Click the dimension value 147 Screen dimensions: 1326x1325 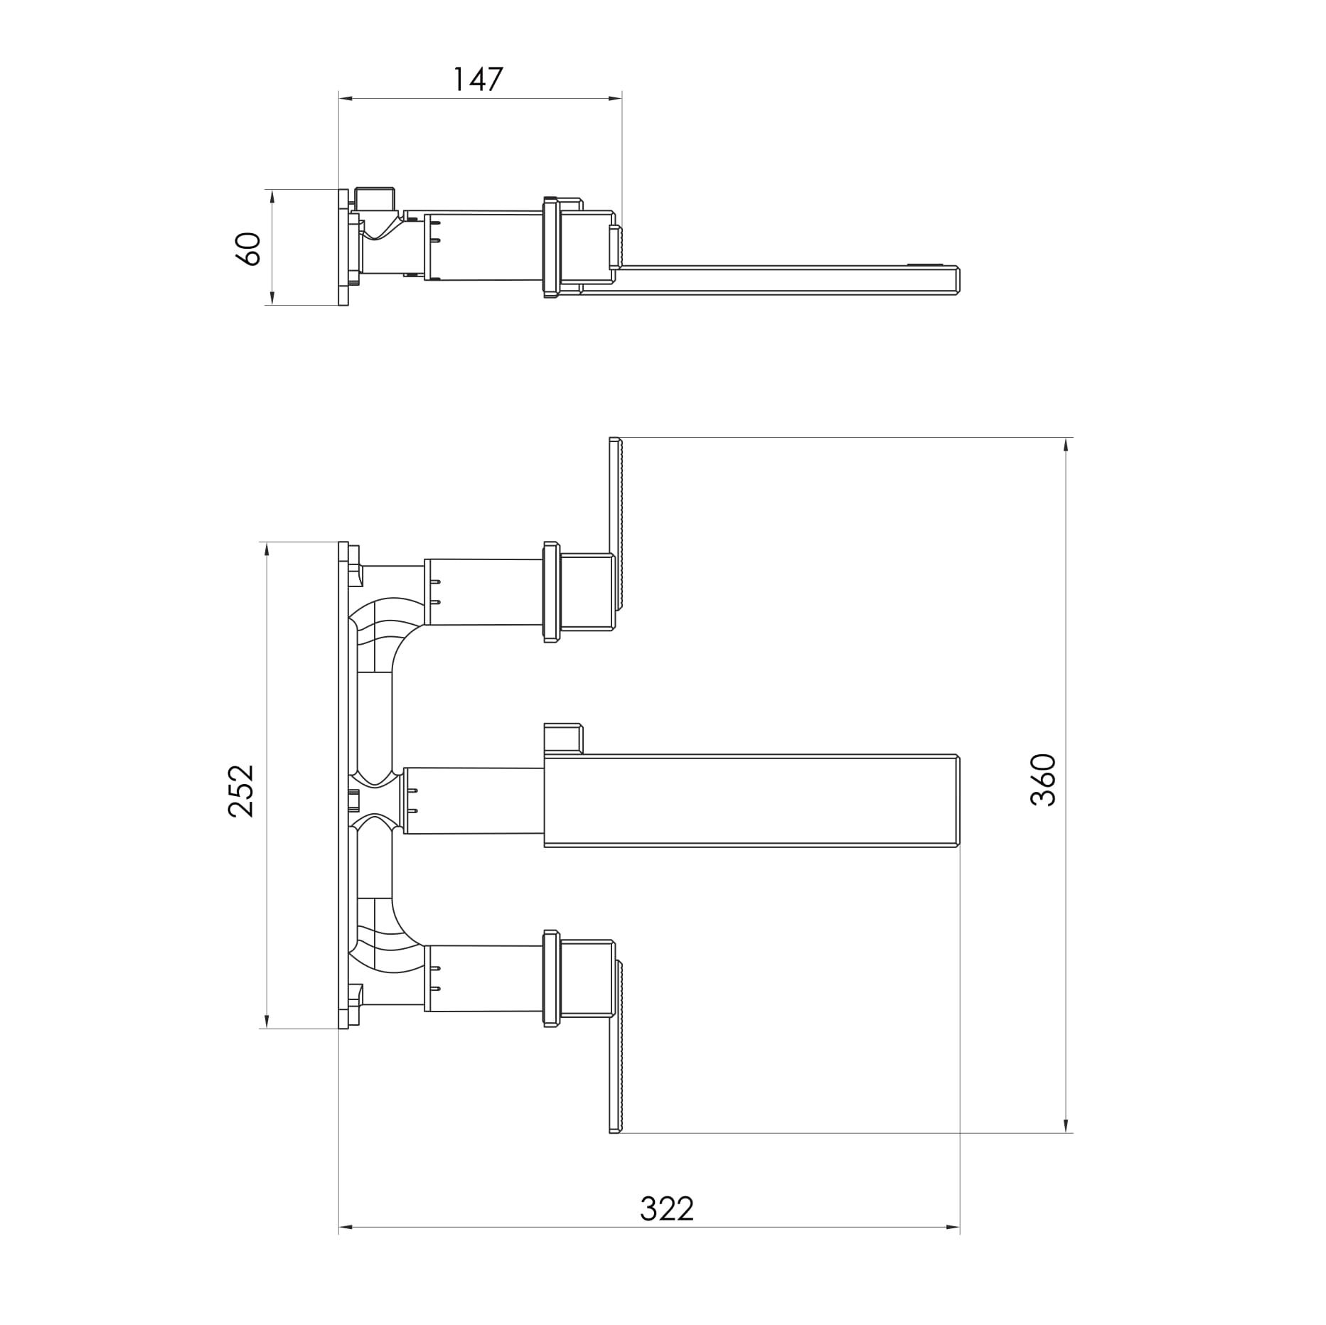pyautogui.click(x=478, y=80)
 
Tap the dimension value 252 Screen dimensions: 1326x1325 pyautogui.click(x=241, y=791)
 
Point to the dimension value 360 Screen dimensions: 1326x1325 pyautogui.click(x=1043, y=780)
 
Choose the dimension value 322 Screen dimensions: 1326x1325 pyautogui.click(x=667, y=1208)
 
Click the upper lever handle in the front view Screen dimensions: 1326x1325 pyautogui.click(x=616, y=524)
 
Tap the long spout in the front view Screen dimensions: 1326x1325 pyautogui.click(x=752, y=800)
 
